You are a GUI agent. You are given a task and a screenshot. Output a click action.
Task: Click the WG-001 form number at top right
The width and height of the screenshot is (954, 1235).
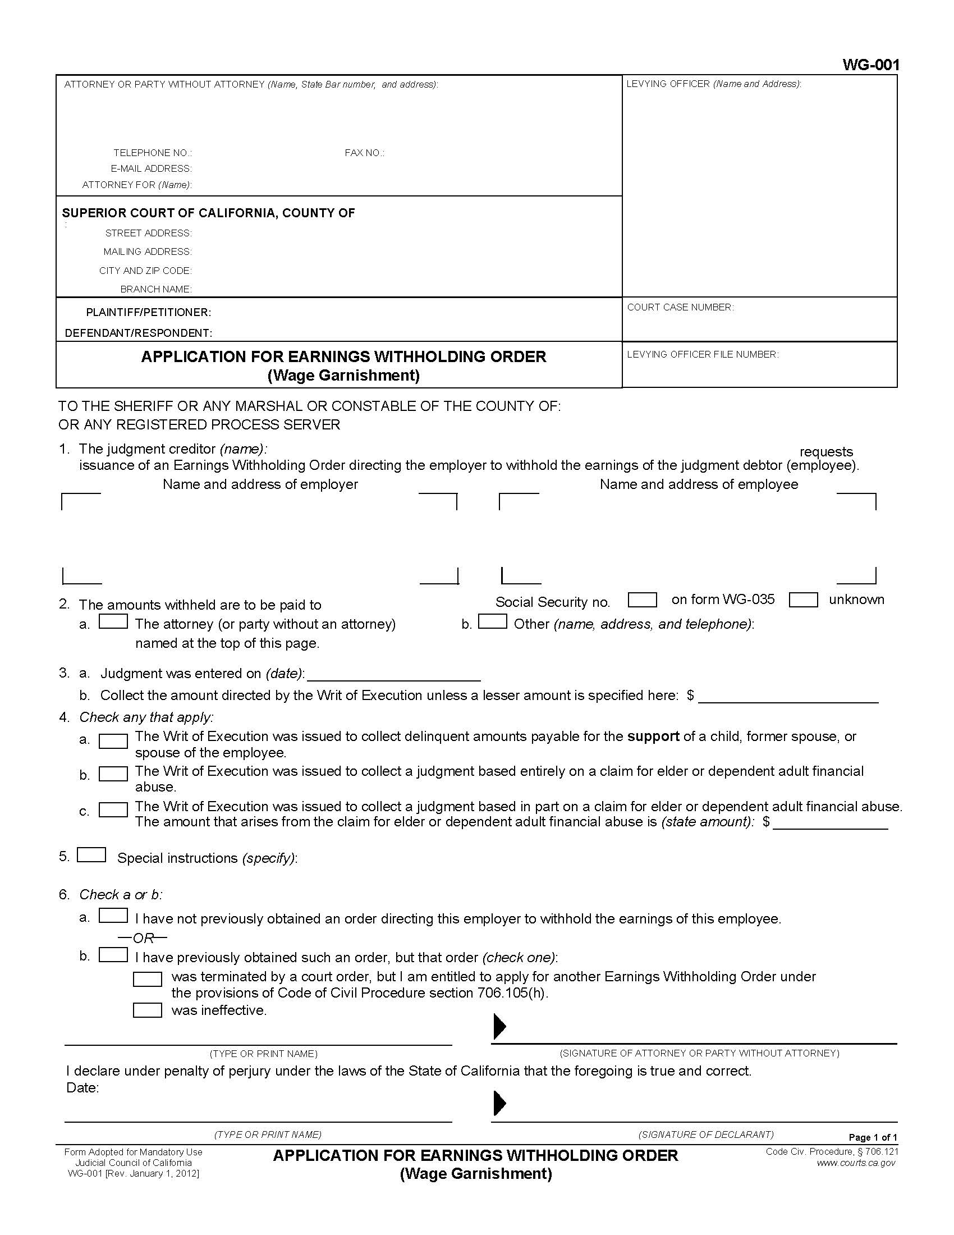click(870, 65)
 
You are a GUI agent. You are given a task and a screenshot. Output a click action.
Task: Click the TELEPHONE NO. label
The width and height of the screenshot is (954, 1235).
click(152, 153)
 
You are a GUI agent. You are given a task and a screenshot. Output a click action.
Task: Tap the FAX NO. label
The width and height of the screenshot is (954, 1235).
click(364, 153)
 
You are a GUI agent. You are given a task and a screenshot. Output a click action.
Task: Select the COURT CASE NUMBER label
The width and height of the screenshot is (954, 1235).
click(680, 307)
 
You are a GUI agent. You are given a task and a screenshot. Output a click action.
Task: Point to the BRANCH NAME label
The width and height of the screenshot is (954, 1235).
click(155, 289)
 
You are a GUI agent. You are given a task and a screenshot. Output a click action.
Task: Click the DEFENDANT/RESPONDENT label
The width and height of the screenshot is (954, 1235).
click(138, 333)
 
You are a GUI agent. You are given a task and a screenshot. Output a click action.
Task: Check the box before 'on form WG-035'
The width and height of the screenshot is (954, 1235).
click(642, 600)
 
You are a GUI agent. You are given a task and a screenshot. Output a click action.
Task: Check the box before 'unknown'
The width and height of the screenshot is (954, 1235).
click(803, 600)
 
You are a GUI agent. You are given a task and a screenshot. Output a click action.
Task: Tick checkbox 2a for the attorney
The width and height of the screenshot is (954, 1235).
click(113, 621)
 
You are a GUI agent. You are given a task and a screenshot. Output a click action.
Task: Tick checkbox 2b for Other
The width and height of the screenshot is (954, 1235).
click(492, 621)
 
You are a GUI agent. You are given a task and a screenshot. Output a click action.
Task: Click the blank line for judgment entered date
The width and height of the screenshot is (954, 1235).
click(393, 675)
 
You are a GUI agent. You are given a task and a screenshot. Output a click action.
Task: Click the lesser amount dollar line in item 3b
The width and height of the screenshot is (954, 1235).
click(788, 697)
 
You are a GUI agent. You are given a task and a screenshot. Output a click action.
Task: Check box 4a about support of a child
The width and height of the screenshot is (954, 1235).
click(113, 742)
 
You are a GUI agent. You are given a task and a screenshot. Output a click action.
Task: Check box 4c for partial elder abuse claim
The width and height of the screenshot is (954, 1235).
click(113, 809)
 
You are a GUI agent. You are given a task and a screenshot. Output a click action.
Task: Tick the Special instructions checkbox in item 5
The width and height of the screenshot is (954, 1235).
click(91, 855)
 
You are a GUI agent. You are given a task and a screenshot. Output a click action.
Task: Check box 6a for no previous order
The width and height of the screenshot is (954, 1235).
click(113, 916)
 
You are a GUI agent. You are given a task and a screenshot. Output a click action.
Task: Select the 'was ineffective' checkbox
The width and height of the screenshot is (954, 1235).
click(148, 1010)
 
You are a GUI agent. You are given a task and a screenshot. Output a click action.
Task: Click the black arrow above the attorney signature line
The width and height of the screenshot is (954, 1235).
click(499, 1027)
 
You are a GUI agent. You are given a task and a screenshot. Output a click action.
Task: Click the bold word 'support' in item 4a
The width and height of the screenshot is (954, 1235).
click(653, 737)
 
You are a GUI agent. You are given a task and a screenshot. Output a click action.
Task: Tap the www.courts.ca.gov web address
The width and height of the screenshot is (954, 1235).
click(856, 1163)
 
